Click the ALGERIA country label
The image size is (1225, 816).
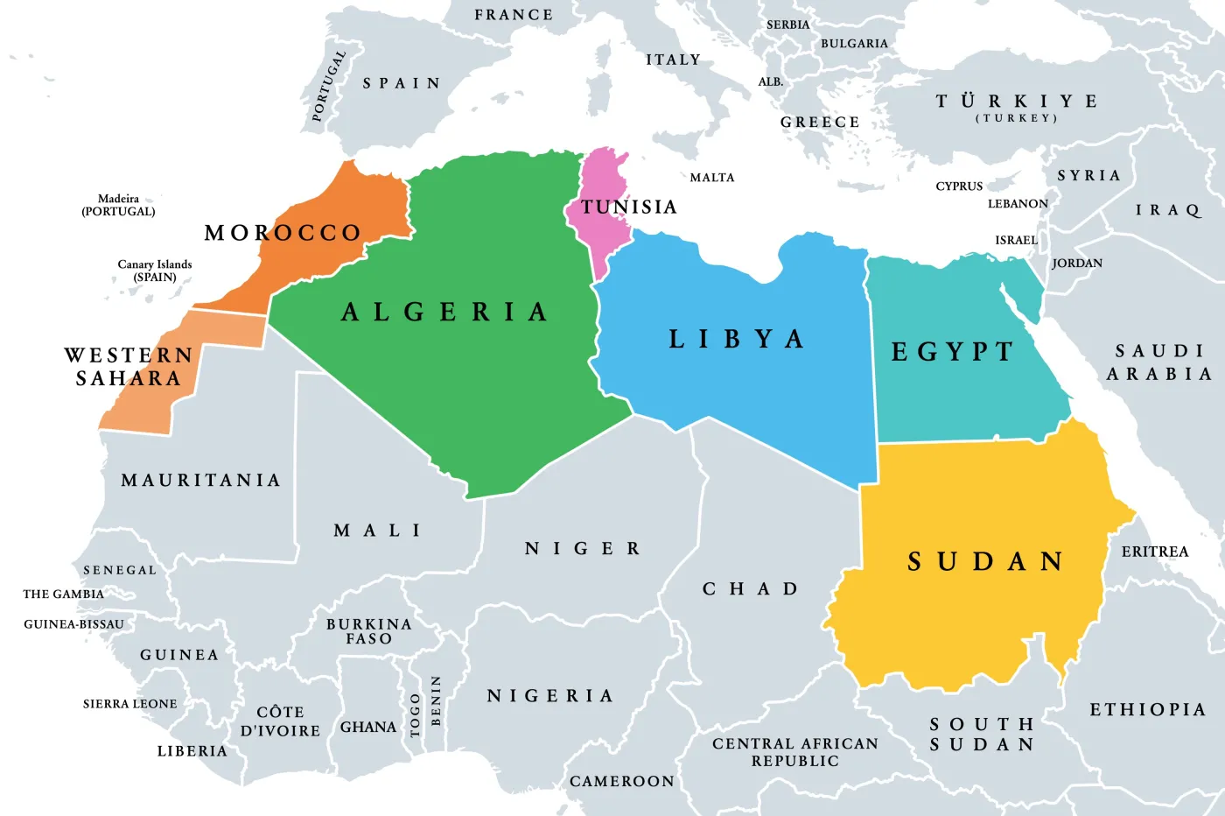pyautogui.click(x=444, y=313)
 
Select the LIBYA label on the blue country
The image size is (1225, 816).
pyautogui.click(x=736, y=340)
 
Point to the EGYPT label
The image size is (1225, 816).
pyautogui.click(x=952, y=352)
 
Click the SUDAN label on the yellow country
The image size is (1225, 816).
pyautogui.click(x=985, y=561)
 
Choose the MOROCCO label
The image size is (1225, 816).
pyautogui.click(x=283, y=233)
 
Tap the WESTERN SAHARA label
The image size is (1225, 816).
pyautogui.click(x=129, y=367)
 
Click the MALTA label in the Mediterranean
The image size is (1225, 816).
pyautogui.click(x=712, y=178)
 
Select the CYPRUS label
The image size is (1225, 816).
pyautogui.click(x=959, y=186)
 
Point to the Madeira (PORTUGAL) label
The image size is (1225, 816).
pyautogui.click(x=118, y=205)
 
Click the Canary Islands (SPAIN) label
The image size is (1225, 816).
pyautogui.click(x=155, y=271)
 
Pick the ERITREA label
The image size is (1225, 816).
pyautogui.click(x=1155, y=552)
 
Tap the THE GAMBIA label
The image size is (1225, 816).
pyautogui.click(x=63, y=594)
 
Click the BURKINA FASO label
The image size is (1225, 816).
pyautogui.click(x=368, y=631)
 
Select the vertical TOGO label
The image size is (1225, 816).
pyautogui.click(x=416, y=714)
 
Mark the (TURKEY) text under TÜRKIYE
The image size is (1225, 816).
pyautogui.click(x=1017, y=118)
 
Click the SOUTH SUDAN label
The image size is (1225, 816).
pyautogui.click(x=982, y=735)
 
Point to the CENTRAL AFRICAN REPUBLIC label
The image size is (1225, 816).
pyautogui.click(x=794, y=752)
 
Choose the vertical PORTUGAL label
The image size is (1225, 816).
pyautogui.click(x=329, y=85)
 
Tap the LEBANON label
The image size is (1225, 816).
pyautogui.click(x=1018, y=204)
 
